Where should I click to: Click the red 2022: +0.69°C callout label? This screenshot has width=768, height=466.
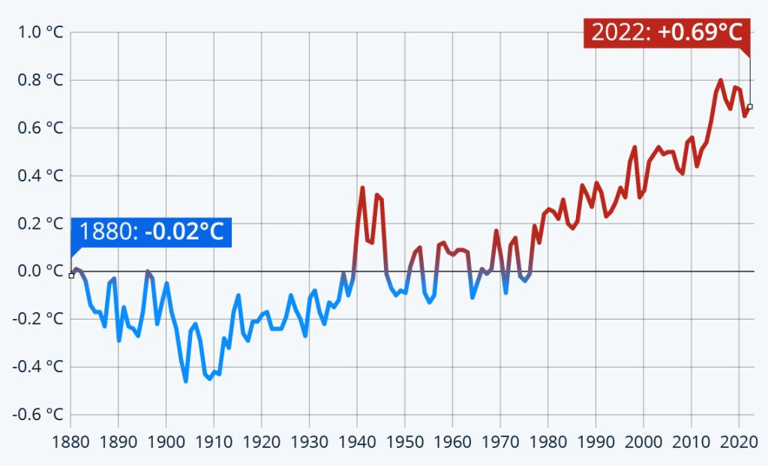pyautogui.click(x=667, y=32)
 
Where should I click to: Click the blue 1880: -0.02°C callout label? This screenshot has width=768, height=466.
pyautogui.click(x=151, y=232)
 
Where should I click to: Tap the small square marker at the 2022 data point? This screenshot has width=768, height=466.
pyautogui.click(x=749, y=107)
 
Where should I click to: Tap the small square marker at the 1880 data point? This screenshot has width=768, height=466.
pyautogui.click(x=71, y=275)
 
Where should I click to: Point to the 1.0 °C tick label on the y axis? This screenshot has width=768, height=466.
pyautogui.click(x=36, y=32)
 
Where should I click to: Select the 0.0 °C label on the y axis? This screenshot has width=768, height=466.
pyautogui.click(x=36, y=271)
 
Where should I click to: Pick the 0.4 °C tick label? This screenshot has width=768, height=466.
pyautogui.click(x=36, y=176)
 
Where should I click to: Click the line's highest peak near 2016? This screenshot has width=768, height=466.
pyautogui.click(x=721, y=80)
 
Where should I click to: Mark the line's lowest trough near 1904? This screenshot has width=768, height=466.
pyautogui.click(x=185, y=381)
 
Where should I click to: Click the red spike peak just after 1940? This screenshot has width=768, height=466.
pyautogui.click(x=362, y=188)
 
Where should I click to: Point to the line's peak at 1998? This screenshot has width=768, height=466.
pyautogui.click(x=634, y=147)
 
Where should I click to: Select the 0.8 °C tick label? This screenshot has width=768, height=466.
pyautogui.click(x=36, y=80)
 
